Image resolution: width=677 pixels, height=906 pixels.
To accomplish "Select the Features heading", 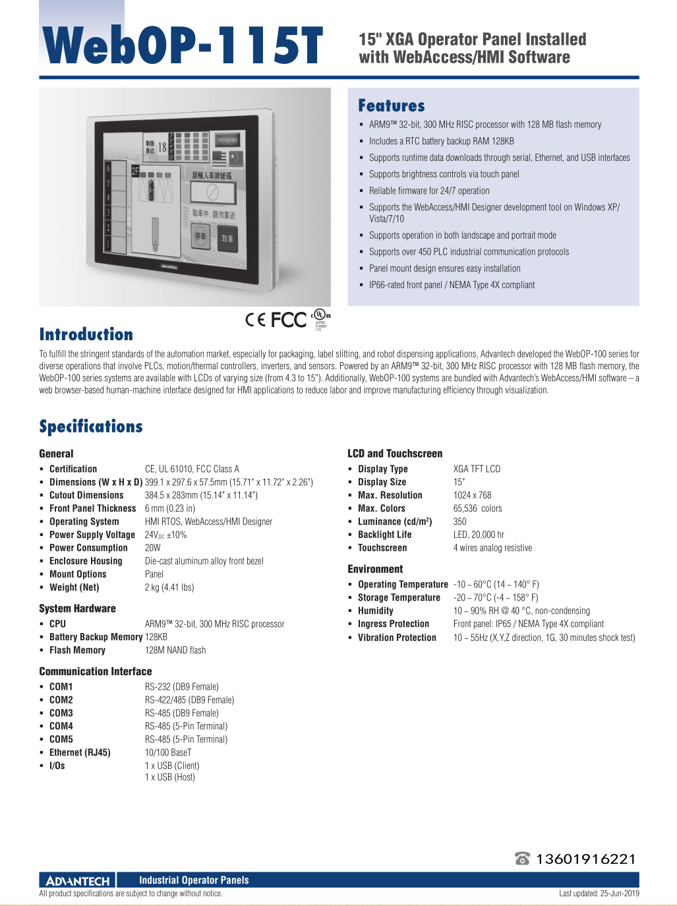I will pyautogui.click(x=391, y=106).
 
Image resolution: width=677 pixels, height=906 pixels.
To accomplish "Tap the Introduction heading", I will pyautogui.click(x=86, y=334).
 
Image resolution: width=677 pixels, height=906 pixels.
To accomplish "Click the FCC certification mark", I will pyautogui.click(x=289, y=320).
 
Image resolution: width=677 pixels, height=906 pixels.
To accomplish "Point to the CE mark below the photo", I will pyautogui.click(x=255, y=320).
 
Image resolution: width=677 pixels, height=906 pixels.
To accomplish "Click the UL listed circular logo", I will pyautogui.click(x=320, y=315).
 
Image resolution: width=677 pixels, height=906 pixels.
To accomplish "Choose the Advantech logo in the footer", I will pyautogui.click(x=78, y=881).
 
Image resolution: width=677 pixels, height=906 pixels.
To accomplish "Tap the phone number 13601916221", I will pyautogui.click(x=585, y=859).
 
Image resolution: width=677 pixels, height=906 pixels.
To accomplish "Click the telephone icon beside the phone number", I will pyautogui.click(x=522, y=859).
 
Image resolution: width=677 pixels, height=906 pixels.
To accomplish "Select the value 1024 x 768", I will pyautogui.click(x=472, y=495).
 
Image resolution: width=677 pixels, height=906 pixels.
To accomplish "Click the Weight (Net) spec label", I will pyautogui.click(x=74, y=588).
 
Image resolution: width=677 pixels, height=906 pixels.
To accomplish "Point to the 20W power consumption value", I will pyautogui.click(x=152, y=548).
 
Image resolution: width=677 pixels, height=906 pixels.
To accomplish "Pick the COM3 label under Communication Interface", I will pyautogui.click(x=61, y=713).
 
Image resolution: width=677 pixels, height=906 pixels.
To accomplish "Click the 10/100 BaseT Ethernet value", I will pyautogui.click(x=168, y=752).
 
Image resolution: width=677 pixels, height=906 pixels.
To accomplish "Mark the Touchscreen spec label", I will pyautogui.click(x=382, y=548).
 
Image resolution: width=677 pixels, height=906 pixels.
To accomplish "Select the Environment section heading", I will pyautogui.click(x=375, y=569).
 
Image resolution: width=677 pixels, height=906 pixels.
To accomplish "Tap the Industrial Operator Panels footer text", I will pyautogui.click(x=194, y=880).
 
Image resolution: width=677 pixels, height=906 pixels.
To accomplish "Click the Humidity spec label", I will pyautogui.click(x=375, y=611).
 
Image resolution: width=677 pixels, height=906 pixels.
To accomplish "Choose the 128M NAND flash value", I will pyautogui.click(x=175, y=650).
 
